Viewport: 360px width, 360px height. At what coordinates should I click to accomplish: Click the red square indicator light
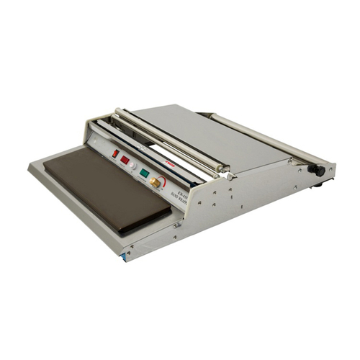coord(125,159)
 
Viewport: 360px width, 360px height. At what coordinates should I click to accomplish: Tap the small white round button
coord(133,165)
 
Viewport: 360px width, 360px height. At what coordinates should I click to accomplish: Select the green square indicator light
coord(145,173)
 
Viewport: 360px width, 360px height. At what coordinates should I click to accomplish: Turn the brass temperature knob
coord(155,183)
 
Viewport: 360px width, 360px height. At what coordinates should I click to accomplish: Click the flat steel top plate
coord(194,130)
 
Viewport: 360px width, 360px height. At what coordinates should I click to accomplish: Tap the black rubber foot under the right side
coord(318,185)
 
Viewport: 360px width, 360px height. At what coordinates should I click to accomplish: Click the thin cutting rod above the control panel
coord(144,144)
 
